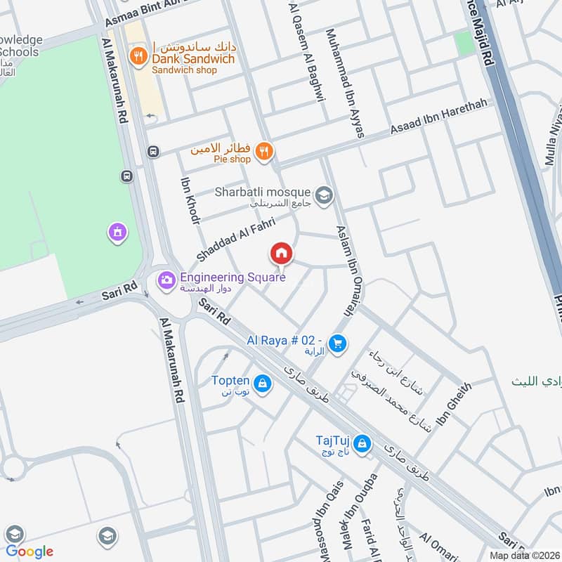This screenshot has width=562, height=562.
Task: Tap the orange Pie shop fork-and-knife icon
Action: [x=264, y=151]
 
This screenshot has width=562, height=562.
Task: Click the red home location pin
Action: [x=281, y=254]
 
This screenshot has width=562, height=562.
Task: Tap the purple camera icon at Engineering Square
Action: [x=166, y=280]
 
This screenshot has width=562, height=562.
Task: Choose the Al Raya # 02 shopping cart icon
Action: [x=338, y=343]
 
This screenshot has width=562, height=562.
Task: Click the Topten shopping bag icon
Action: [x=262, y=384]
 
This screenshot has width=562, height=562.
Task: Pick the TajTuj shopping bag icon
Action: [x=362, y=444]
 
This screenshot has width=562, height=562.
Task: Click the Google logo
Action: [x=30, y=551]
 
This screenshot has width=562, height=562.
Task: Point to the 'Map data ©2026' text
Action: [x=523, y=555]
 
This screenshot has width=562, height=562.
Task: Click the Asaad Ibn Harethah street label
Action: [x=441, y=118]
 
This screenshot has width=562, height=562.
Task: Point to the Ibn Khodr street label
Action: [x=190, y=200]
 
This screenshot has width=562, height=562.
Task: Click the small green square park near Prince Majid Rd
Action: [x=464, y=44]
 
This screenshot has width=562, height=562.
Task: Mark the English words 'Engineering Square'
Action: [x=233, y=277]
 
